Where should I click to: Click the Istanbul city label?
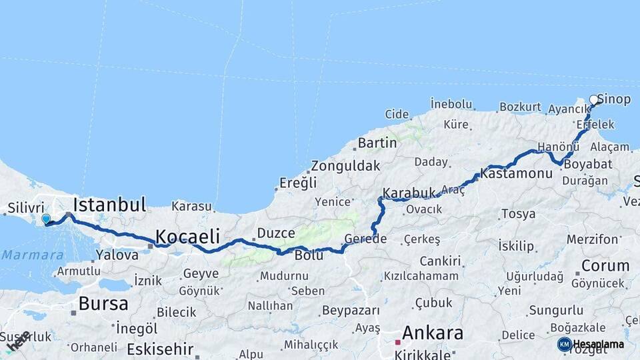[109, 204]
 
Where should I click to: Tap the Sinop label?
[614, 99]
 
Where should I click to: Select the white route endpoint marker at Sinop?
[594, 101]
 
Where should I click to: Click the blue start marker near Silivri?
[46, 219]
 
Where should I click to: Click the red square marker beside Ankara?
[398, 342]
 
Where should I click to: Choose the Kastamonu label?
[517, 173]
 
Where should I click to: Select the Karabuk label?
[409, 193]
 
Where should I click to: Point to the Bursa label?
[103, 304]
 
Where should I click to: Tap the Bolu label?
[309, 255]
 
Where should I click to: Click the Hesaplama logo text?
[599, 344]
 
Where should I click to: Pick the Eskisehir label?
[160, 349]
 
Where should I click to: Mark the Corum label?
[605, 265]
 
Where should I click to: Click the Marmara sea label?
[33, 255]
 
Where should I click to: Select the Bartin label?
[377, 143]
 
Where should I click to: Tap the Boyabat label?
[587, 163]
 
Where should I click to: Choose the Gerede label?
[365, 239]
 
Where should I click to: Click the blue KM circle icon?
[565, 344]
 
